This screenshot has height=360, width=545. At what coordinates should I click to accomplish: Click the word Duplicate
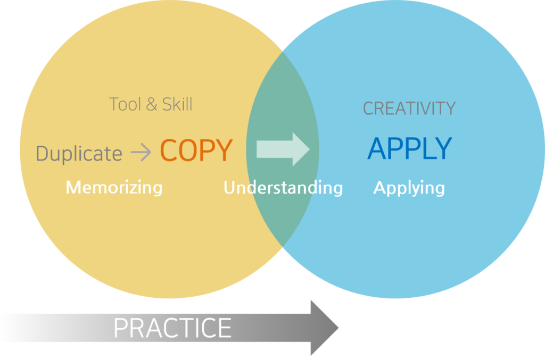(79, 154)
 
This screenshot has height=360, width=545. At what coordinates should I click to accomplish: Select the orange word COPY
(196, 150)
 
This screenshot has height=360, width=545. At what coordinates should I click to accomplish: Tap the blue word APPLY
(409, 149)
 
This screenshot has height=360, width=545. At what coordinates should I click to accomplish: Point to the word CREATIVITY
(409, 109)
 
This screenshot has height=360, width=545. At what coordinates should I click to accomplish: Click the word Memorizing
(114, 187)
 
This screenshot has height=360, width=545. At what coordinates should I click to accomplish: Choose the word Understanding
(283, 187)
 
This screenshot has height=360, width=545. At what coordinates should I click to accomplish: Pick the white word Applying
(409, 187)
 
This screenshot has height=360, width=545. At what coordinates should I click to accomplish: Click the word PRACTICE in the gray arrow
(172, 328)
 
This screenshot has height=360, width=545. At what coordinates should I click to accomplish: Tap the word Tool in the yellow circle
(125, 104)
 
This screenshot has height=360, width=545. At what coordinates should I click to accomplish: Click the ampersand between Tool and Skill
(151, 104)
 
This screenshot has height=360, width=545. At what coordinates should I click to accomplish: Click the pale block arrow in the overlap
(282, 149)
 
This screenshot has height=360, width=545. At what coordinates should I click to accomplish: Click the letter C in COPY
(169, 150)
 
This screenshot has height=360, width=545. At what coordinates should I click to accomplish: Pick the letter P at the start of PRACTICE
(120, 328)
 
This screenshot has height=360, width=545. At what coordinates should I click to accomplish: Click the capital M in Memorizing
(72, 187)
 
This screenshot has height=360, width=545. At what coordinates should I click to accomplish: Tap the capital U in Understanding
(229, 187)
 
